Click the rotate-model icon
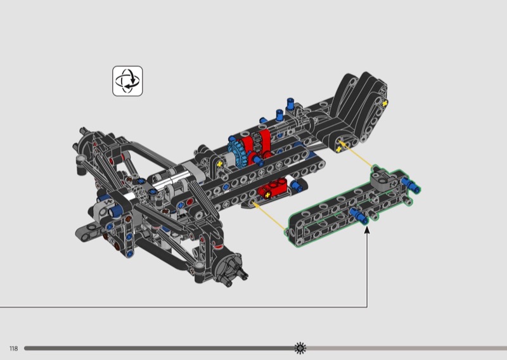127,81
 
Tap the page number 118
13,349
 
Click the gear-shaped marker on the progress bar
300,348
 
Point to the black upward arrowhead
367,230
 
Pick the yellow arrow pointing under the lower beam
268,216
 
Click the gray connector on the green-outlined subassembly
384,179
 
